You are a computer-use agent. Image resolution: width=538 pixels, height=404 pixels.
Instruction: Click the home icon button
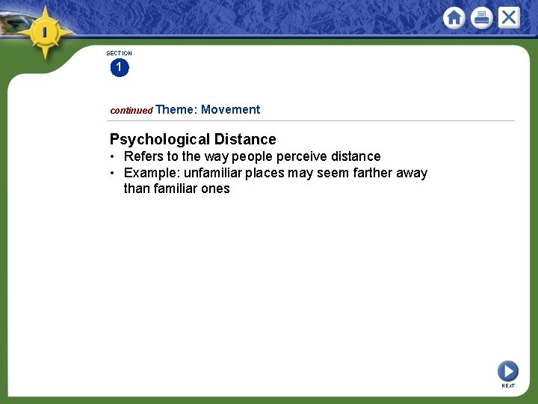coord(454,18)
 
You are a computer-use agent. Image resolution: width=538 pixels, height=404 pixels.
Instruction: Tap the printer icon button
coord(482,18)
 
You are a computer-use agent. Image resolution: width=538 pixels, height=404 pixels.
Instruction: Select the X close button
coord(509,17)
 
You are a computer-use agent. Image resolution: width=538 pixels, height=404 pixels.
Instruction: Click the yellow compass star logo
coord(46,32)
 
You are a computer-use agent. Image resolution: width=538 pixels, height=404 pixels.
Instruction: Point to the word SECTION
coord(119,53)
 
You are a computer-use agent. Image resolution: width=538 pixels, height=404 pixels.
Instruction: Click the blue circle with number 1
coord(119,68)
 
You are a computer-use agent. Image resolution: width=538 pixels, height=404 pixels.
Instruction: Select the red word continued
coord(131,111)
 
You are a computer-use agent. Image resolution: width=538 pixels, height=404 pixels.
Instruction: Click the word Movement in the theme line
coord(230,110)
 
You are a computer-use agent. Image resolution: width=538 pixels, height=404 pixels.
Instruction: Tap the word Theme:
coord(176,110)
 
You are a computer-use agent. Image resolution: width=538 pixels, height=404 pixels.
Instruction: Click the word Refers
coord(143,156)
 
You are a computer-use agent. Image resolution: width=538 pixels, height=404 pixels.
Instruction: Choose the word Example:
coord(152,174)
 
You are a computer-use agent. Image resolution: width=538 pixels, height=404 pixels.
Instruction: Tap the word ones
coord(215,189)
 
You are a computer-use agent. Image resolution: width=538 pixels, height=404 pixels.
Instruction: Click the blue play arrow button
coord(507,370)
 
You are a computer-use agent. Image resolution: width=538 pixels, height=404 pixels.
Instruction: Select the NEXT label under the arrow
coord(508,386)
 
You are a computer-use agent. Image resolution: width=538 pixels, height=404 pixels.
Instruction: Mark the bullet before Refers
coord(111,157)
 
